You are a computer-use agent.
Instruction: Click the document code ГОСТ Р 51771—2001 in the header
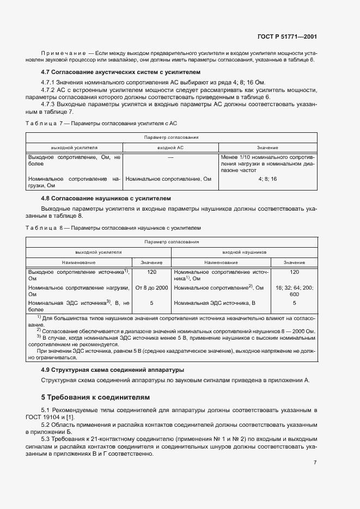pos(286,37)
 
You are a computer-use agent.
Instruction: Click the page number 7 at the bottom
pos(315,462)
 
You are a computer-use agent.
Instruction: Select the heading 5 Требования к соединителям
pos(95,397)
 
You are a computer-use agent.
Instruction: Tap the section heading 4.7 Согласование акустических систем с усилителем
pos(121,72)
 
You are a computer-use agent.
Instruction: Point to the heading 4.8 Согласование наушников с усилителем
pos(106,199)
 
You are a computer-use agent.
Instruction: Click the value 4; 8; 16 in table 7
pos(267,179)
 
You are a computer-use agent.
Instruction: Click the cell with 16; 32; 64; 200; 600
pos(294,291)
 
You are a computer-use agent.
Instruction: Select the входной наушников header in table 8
pos(244,253)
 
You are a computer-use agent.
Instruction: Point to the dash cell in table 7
pos(170,157)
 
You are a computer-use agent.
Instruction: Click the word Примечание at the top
pos(63,53)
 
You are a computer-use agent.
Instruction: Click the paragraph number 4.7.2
pos(50,90)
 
